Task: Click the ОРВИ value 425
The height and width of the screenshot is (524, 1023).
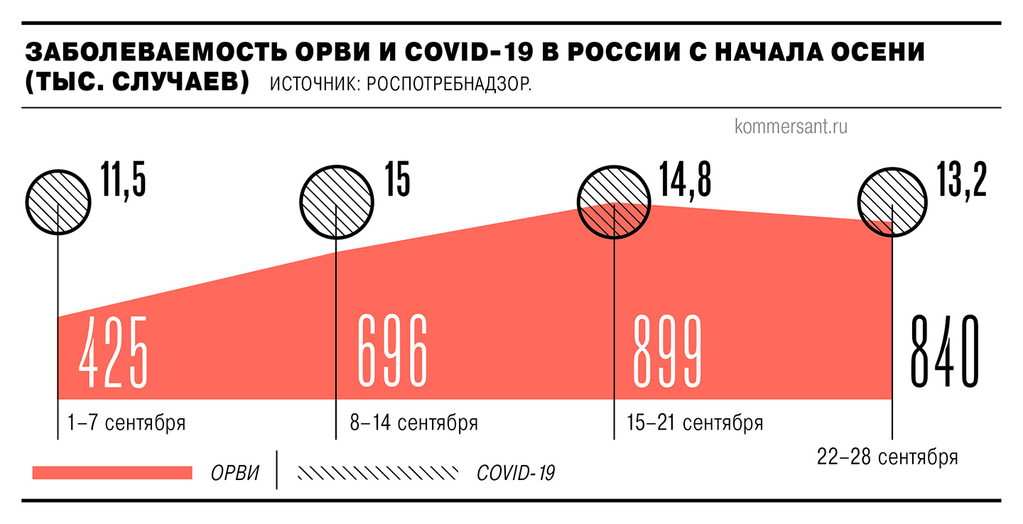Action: pos(113,351)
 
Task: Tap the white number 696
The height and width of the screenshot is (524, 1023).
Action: pos(393,351)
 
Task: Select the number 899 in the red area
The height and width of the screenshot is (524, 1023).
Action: pos(667,351)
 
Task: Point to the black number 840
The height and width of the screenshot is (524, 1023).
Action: pos(945,351)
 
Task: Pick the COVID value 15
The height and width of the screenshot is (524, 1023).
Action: pos(397,180)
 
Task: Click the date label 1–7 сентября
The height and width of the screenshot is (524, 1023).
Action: pos(126,423)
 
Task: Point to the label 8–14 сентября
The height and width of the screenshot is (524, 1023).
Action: pos(413,423)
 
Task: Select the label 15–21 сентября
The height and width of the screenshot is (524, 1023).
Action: pos(695,423)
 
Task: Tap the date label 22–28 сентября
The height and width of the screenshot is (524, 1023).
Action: pos(887,457)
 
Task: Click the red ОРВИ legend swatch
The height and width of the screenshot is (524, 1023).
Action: pos(112,473)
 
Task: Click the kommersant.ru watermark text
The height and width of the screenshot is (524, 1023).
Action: pos(791,127)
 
